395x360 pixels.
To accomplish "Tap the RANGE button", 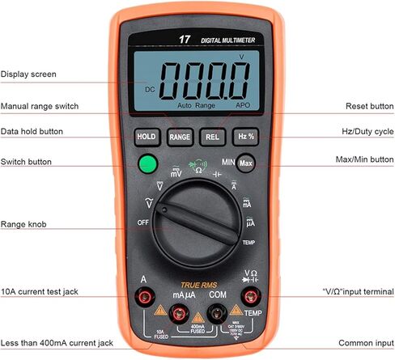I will pyautogui.click(x=179, y=137).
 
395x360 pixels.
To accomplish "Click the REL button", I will pyautogui.click(x=212, y=137).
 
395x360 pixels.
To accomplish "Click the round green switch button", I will pyautogui.click(x=147, y=165).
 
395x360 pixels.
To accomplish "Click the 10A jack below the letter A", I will pyautogui.click(x=147, y=298).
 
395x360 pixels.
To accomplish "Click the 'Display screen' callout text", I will pyautogui.click(x=28, y=74).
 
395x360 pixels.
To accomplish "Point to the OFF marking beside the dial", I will pyautogui.click(x=143, y=221).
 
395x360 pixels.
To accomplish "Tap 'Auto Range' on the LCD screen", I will pyautogui.click(x=196, y=105).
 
